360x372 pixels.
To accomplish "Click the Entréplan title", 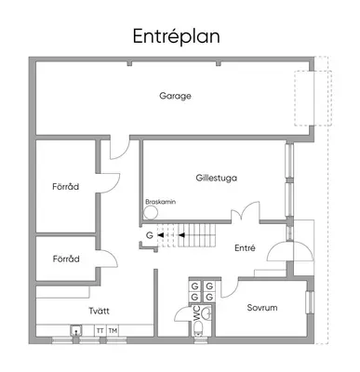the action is coord(177,37).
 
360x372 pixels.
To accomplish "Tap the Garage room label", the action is coord(175,96).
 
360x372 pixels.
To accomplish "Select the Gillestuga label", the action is coord(217,179).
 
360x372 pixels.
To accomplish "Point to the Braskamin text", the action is coord(161,202).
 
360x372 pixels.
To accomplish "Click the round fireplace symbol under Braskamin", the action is coord(151,213).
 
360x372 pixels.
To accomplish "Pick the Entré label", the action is coord(245,248).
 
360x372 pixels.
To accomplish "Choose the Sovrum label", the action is coord(262,308).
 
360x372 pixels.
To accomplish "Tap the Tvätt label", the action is coord(99,311).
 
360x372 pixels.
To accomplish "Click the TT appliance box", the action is coord(100,331).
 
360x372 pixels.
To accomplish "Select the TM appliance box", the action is coord(113,331).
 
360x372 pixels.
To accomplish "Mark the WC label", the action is coord(197,312).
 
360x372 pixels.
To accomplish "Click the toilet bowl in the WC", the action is coord(198,327).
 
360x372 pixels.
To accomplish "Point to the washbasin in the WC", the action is coord(207,313).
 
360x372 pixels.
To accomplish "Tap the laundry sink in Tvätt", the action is coord(75,330).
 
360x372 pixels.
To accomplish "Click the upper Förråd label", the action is coord(65,187).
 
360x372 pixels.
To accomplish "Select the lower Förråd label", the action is coord(66,259).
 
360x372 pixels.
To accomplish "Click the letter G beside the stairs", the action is coord(150,235).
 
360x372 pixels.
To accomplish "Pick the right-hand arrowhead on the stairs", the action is coord(181,235).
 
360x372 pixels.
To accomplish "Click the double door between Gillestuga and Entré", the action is coord(245,212).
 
